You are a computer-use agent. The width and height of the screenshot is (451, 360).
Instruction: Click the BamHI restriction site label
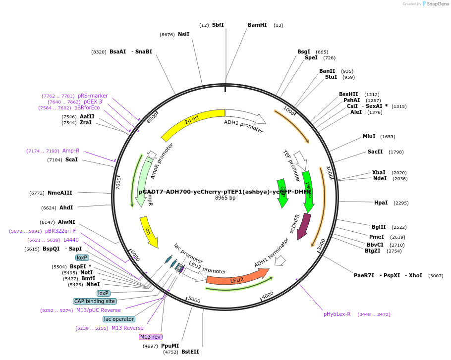(257, 25)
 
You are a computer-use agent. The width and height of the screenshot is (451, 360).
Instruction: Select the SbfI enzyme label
(218, 25)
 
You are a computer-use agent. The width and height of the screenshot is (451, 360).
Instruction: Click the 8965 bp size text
(225, 198)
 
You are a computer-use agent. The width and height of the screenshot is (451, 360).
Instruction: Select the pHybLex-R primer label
(337, 314)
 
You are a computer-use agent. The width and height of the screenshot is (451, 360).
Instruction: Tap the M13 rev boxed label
(151, 337)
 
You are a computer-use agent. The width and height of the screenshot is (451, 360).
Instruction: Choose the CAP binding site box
(94, 301)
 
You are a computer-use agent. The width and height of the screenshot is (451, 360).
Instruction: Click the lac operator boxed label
(119, 319)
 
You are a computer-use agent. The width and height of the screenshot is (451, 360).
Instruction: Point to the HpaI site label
(381, 203)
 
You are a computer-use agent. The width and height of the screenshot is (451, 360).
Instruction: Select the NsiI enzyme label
(183, 34)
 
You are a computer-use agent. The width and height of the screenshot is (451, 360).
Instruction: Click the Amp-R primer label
(71, 151)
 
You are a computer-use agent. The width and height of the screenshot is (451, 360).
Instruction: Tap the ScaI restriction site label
(71, 159)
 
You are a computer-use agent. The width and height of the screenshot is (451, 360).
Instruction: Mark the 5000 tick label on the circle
(194, 300)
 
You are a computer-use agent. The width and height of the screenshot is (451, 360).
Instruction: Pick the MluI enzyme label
(369, 136)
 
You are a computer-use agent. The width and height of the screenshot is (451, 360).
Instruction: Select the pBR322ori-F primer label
(60, 231)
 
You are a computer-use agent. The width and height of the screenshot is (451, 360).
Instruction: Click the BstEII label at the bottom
(190, 352)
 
